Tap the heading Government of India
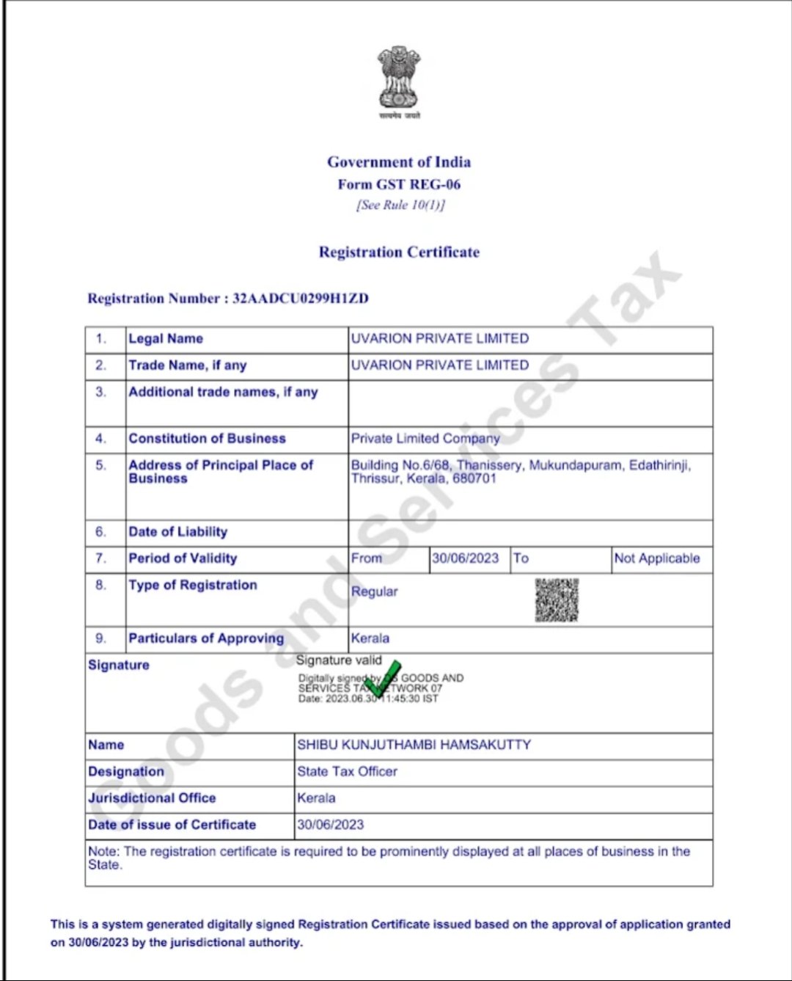399,162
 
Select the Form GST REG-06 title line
399,184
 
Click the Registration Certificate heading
399,252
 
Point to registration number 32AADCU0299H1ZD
301,299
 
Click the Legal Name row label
166,339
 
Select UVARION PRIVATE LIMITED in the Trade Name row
439,365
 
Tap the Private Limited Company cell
425,439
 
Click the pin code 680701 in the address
474,479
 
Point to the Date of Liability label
177,532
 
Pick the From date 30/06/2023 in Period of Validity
465,558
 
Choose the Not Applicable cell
657,558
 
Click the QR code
557,600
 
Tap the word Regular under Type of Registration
374,591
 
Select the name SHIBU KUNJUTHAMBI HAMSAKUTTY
414,745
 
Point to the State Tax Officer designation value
347,772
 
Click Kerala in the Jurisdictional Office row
316,798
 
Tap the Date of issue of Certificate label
172,825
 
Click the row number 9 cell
100,638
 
